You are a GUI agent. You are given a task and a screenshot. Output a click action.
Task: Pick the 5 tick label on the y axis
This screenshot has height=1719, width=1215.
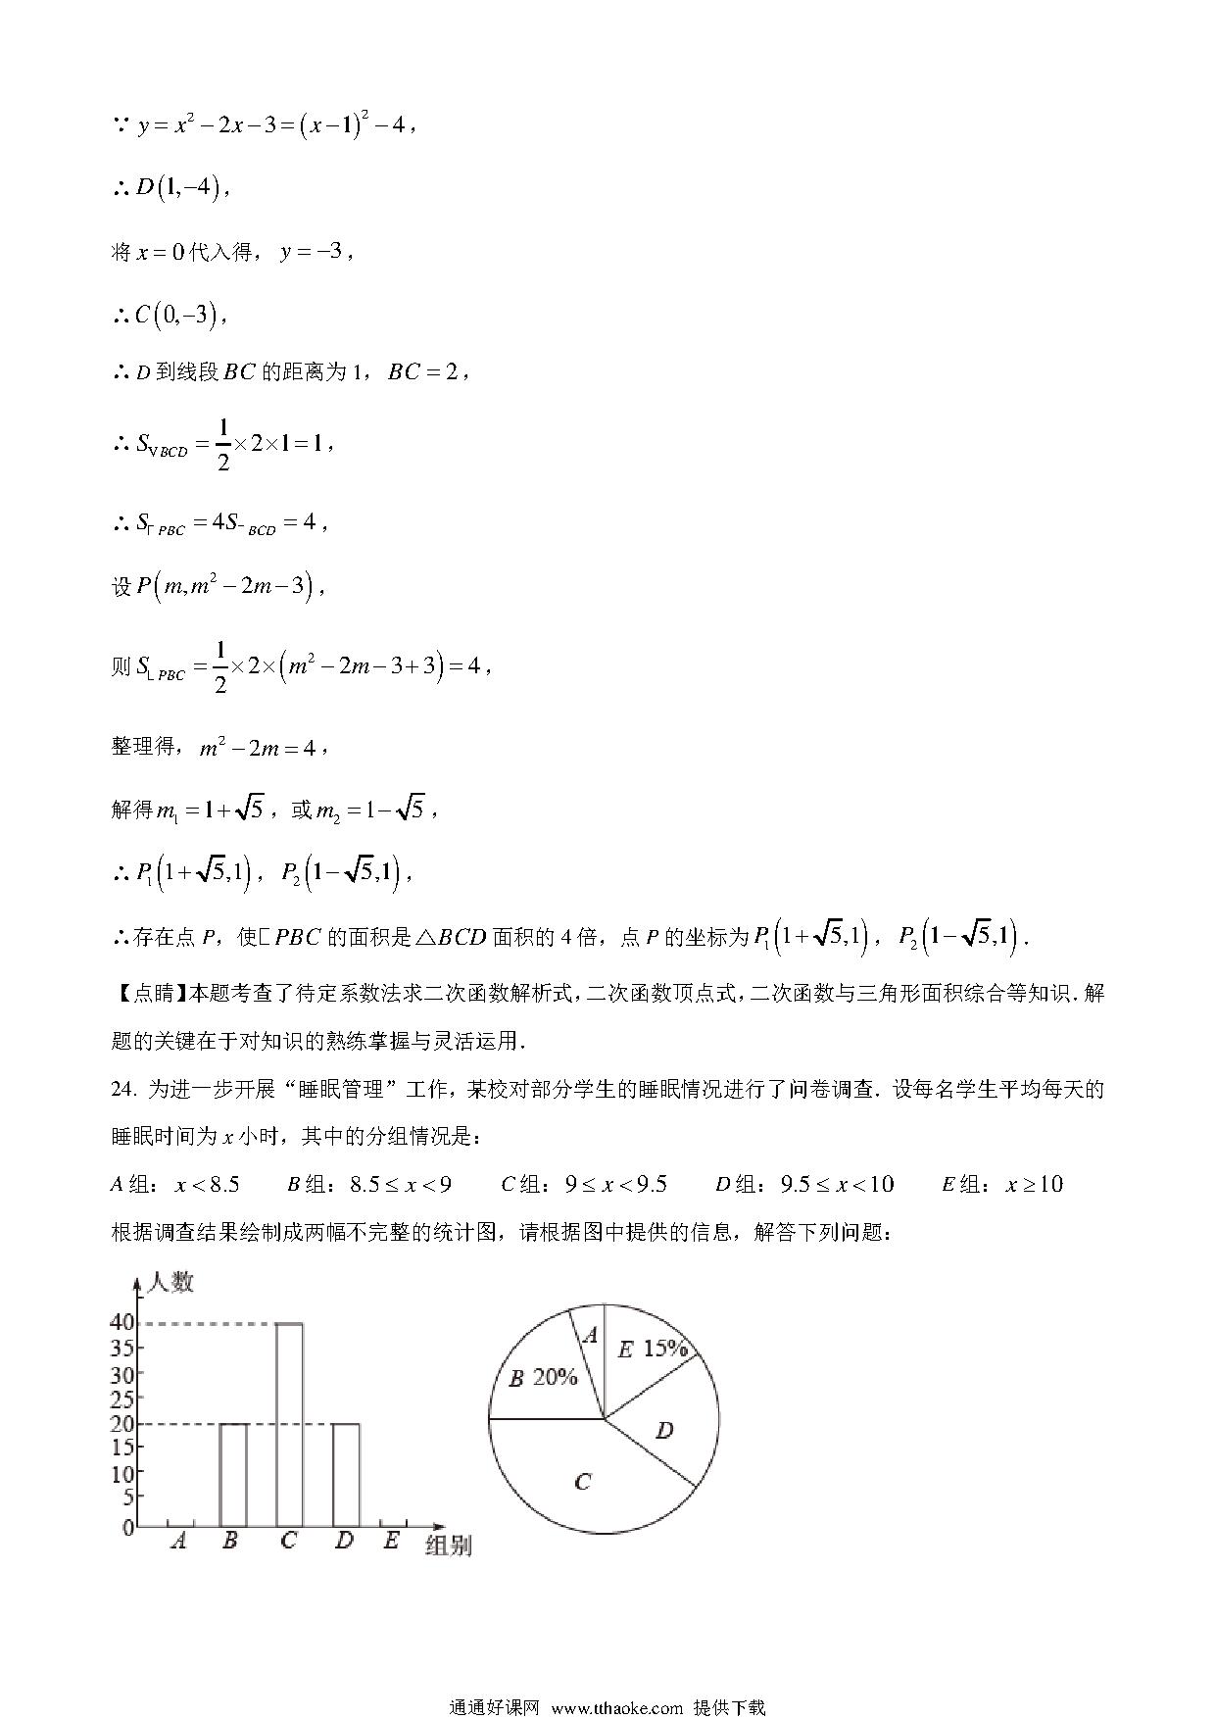[128, 1498]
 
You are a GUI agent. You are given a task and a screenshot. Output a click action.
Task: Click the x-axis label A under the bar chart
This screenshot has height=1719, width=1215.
[178, 1542]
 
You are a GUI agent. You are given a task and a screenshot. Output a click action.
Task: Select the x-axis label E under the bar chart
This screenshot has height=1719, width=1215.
[392, 1541]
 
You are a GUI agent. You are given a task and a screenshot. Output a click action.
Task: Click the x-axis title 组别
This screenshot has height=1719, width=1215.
[449, 1547]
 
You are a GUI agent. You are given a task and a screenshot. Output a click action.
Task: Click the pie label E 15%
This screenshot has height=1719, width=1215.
[652, 1350]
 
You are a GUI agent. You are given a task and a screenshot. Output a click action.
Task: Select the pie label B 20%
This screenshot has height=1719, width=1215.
[543, 1378]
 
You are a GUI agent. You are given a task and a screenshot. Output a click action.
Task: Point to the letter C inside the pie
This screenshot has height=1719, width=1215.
[582, 1482]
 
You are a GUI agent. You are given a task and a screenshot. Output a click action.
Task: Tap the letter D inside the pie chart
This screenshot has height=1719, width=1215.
[664, 1431]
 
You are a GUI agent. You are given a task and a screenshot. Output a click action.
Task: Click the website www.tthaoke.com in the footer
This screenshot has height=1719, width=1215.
[616, 1707]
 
